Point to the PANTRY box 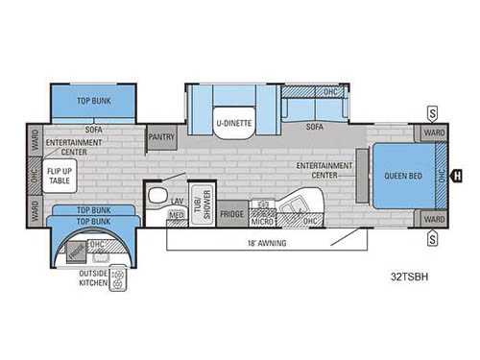(161, 137)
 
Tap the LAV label (177, 201)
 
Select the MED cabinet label (176, 215)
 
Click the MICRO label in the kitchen (263, 221)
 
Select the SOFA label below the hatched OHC (313, 126)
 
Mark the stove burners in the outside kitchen (119, 279)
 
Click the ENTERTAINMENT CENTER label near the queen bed (324, 169)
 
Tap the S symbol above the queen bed (433, 112)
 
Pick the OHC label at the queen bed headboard (441, 175)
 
